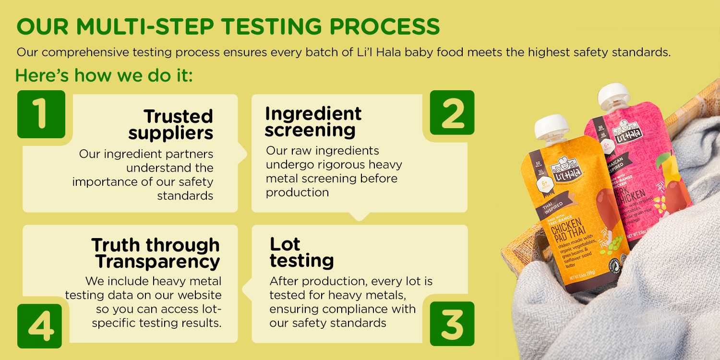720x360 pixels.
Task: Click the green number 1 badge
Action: pos(41,114)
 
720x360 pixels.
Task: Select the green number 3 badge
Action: pos(452,324)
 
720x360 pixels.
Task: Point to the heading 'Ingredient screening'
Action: pos(313,121)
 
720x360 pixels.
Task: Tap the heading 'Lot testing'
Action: pos(301,252)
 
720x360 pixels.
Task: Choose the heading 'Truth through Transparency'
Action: pos(156,253)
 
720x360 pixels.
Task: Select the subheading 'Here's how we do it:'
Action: pos(104,75)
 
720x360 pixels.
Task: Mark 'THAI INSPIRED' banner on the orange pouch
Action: pos(552,207)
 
